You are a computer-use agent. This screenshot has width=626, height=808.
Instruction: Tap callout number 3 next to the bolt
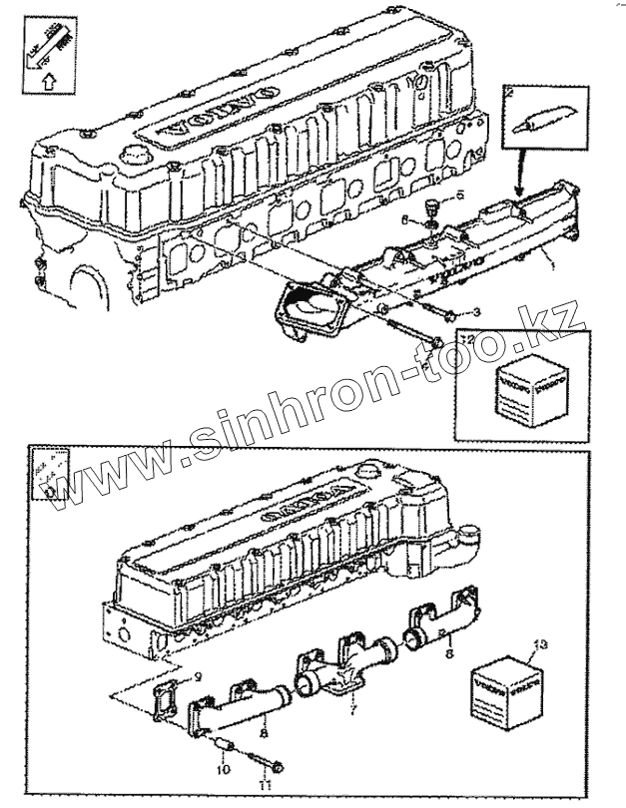(x=476, y=313)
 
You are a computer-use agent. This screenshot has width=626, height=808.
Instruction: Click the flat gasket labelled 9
(x=166, y=697)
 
